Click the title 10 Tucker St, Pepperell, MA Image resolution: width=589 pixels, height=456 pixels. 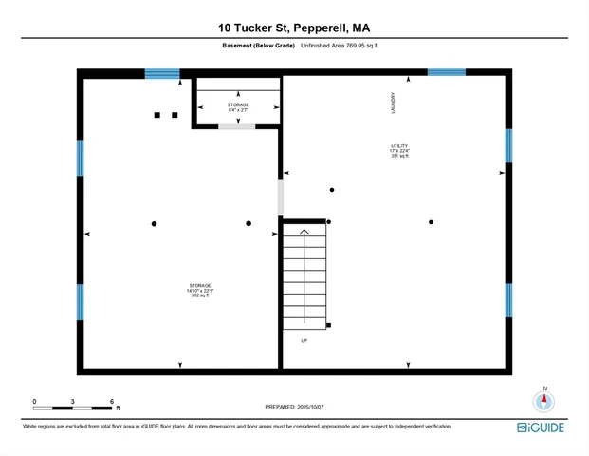[294, 28]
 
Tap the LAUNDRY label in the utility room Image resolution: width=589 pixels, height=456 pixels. [393, 103]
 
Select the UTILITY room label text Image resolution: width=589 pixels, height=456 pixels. [399, 150]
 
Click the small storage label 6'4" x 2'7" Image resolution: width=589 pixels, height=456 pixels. [238, 107]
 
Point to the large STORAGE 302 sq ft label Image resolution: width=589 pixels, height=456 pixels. [199, 290]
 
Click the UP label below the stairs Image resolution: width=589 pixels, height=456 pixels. [304, 340]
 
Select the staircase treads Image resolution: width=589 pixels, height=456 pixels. [304, 275]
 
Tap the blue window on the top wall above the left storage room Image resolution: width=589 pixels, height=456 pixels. [162, 73]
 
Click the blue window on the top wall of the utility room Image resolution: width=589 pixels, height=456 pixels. [446, 72]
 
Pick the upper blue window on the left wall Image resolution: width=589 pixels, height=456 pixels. [81, 158]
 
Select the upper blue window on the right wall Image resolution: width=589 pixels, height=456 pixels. [508, 145]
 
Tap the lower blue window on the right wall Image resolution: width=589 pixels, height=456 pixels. [508, 300]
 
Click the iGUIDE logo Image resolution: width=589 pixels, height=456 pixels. [541, 427]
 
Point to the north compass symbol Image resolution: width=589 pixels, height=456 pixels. [543, 400]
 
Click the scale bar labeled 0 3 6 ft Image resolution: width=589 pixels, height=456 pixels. [74, 408]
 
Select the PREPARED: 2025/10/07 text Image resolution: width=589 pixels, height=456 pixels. [294, 407]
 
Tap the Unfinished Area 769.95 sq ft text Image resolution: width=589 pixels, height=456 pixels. [340, 46]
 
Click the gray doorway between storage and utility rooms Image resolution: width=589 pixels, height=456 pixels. [280, 197]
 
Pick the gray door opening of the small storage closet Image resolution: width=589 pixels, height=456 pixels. [236, 125]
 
